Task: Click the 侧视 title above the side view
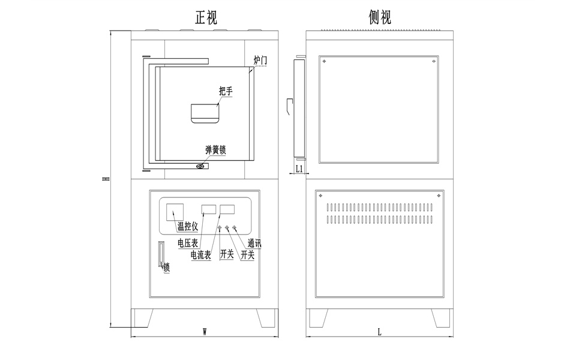380,17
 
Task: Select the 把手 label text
226,91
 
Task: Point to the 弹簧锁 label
215,151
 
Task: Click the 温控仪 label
188,226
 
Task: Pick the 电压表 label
188,243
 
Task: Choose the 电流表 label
200,255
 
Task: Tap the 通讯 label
254,244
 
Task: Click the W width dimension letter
205,331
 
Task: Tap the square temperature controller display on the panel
175,212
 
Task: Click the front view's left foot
142,318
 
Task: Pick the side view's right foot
441,318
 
